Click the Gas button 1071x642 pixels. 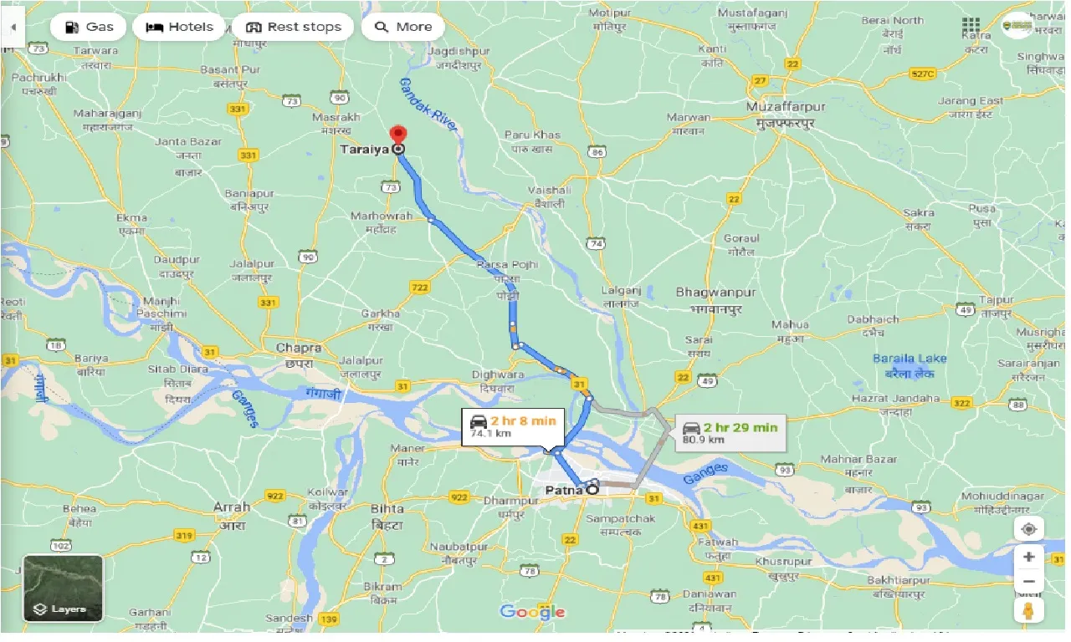[x=89, y=27]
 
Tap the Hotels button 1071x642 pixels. [x=180, y=27]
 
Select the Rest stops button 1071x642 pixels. [x=294, y=27]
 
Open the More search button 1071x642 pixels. [x=403, y=27]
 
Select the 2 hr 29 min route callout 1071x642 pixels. [x=730, y=432]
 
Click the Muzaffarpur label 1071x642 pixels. [x=787, y=108]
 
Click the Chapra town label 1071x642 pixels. [x=299, y=348]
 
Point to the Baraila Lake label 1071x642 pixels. [x=909, y=359]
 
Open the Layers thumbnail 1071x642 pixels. [x=63, y=588]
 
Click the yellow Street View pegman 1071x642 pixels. [x=1028, y=610]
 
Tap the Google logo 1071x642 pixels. [x=532, y=612]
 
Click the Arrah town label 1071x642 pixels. [x=231, y=507]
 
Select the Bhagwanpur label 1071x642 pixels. [x=715, y=293]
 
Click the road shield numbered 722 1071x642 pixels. [x=420, y=288]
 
